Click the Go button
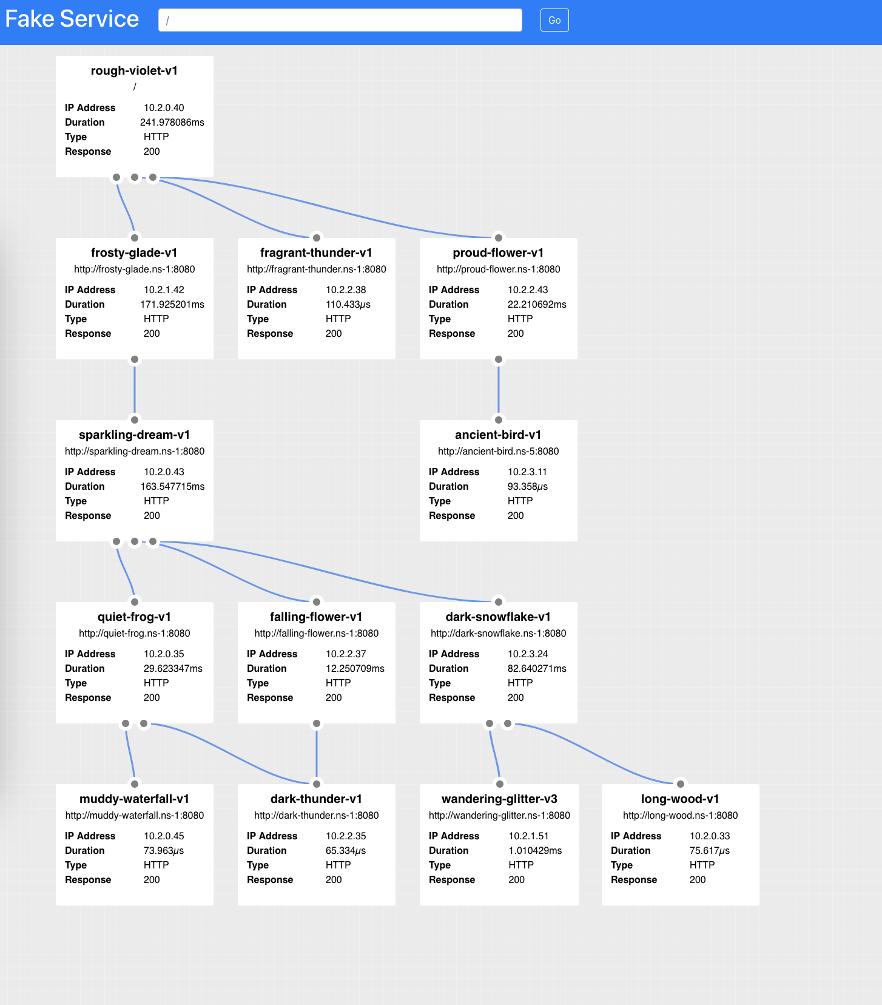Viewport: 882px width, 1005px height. [x=554, y=20]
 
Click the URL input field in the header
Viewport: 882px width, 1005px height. [x=340, y=20]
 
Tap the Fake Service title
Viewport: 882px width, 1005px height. [x=72, y=19]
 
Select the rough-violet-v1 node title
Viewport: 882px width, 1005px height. [x=134, y=70]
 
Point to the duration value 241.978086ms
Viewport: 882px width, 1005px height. [x=172, y=122]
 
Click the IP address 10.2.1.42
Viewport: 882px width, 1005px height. [x=164, y=289]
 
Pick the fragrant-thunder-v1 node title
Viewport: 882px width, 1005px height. [x=316, y=252]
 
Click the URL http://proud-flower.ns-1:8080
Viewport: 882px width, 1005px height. [x=498, y=269]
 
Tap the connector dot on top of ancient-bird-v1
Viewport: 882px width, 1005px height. [x=499, y=419]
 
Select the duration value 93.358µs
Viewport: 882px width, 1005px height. [x=527, y=486]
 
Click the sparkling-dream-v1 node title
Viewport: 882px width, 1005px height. [x=134, y=435]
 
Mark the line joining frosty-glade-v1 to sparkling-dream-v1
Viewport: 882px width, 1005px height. [x=135, y=389]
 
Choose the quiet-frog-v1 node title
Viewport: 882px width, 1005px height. [x=134, y=617]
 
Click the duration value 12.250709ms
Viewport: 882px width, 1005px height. [x=355, y=668]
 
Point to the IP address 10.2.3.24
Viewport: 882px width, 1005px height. [x=528, y=654]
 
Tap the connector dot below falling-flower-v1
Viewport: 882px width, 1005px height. [x=317, y=723]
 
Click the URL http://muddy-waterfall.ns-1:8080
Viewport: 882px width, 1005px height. [x=134, y=815]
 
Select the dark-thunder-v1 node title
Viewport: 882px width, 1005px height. [x=316, y=799]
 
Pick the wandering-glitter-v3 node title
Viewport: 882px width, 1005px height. [x=499, y=799]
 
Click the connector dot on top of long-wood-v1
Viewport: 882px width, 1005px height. [x=681, y=783]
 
